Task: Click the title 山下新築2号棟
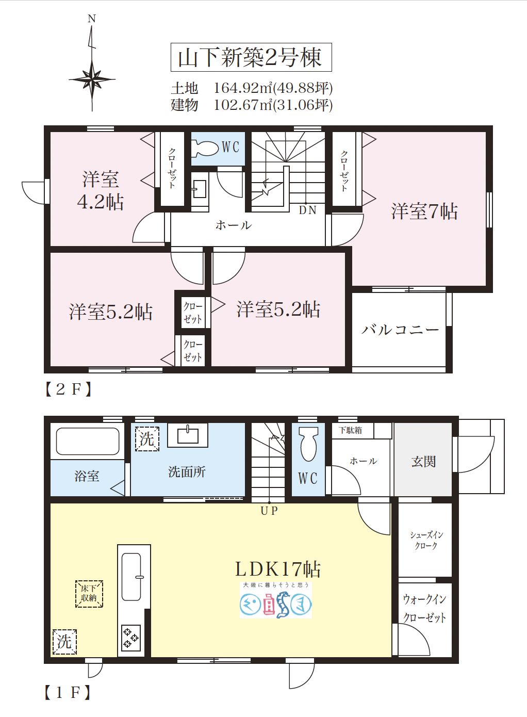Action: click(251, 57)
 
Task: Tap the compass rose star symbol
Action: click(92, 80)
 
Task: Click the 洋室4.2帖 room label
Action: click(101, 190)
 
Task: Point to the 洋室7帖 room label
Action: click(424, 211)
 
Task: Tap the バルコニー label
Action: click(400, 330)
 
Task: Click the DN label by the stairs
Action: click(307, 210)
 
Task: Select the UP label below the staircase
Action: click(269, 511)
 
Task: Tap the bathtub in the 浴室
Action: click(87, 441)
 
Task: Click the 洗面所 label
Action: click(187, 472)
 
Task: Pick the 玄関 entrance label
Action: click(423, 462)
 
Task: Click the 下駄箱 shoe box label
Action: click(351, 430)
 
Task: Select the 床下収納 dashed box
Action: click(89, 594)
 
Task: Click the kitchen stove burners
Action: click(130, 638)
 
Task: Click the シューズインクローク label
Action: click(426, 540)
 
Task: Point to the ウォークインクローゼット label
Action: click(424, 608)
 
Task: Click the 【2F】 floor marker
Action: click(68, 389)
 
